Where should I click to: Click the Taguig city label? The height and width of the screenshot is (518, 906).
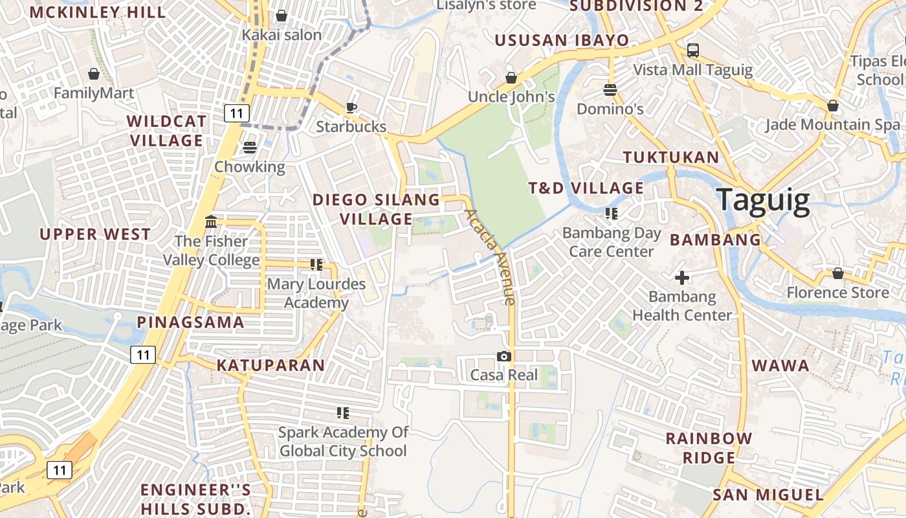tap(763, 201)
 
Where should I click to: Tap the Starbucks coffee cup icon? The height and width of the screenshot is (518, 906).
tap(351, 107)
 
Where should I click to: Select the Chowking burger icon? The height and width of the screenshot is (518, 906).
tap(250, 148)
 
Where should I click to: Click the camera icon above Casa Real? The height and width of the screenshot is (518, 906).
tap(504, 356)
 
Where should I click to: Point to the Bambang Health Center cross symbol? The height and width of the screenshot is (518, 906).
tap(682, 278)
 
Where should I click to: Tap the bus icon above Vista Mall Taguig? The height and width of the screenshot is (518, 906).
tap(693, 50)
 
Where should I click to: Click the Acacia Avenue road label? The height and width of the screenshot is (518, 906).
tap(491, 256)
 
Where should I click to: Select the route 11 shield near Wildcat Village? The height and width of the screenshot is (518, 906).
tap(237, 113)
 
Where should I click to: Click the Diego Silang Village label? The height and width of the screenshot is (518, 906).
tap(376, 209)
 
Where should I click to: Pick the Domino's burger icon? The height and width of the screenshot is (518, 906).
tap(610, 89)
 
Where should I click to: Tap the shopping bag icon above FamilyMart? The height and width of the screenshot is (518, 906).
tap(94, 74)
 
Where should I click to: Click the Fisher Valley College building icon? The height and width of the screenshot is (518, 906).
tap(211, 222)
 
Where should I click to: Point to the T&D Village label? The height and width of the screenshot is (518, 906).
tap(586, 188)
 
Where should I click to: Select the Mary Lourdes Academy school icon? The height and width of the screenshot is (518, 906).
tap(316, 264)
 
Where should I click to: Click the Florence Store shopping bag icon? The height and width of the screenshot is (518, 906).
tap(837, 273)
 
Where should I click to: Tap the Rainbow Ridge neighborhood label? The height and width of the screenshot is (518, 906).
tap(709, 447)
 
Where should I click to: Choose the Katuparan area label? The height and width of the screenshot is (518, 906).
tap(271, 365)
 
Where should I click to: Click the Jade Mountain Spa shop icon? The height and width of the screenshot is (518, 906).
tap(833, 106)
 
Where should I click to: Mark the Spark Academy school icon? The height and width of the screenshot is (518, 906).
tap(343, 412)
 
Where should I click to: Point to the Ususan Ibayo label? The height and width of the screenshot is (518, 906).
tap(562, 40)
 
